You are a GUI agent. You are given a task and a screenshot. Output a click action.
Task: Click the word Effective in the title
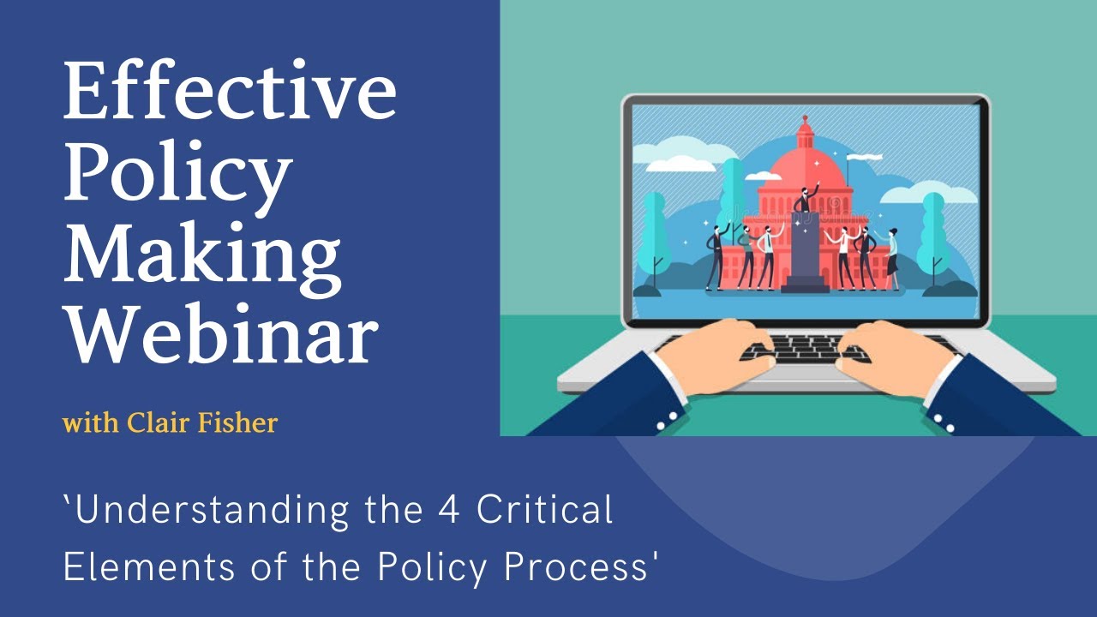tap(230, 92)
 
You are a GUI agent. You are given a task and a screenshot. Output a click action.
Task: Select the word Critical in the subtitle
tap(545, 511)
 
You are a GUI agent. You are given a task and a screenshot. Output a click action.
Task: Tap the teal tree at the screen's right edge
tap(935, 231)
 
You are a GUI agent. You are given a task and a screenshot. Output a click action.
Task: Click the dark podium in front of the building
tap(805, 253)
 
